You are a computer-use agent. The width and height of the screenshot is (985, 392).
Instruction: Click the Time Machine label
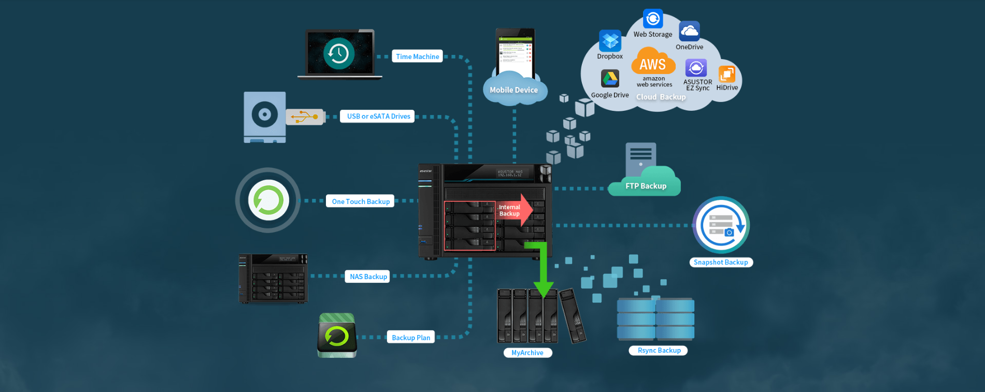(x=417, y=56)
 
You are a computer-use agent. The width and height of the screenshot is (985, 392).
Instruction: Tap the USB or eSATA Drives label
(x=378, y=116)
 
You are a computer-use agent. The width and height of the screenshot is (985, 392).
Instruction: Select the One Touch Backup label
(x=360, y=201)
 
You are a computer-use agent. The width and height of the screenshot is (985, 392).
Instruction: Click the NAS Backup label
(x=368, y=277)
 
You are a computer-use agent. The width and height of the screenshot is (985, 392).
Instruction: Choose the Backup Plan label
(x=410, y=338)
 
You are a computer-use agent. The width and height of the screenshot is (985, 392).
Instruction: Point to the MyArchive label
(x=527, y=353)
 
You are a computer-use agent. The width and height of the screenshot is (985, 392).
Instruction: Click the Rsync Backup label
(x=659, y=351)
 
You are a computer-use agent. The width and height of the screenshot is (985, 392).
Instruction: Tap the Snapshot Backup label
(x=720, y=263)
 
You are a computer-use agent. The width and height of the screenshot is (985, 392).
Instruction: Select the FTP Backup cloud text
(x=646, y=186)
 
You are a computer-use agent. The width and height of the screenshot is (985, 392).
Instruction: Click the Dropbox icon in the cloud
(x=610, y=40)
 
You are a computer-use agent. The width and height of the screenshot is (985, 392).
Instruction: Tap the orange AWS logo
(x=653, y=62)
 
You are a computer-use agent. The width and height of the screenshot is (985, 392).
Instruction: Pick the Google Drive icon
(x=610, y=79)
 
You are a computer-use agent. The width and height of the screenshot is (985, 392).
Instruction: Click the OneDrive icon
(x=689, y=31)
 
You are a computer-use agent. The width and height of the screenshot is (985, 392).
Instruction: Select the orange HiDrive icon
(x=727, y=74)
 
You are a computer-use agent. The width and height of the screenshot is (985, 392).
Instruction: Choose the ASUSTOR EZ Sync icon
(x=696, y=68)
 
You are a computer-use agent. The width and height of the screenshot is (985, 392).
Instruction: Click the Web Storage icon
(x=653, y=19)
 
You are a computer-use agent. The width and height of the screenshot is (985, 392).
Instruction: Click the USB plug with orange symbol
(x=305, y=117)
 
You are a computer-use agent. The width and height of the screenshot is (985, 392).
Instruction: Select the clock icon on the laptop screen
(x=339, y=53)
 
